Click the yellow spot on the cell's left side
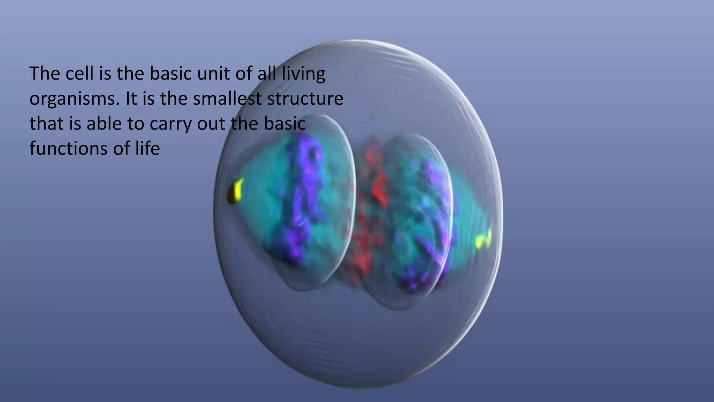coord(235,191)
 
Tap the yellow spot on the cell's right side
coord(484,240)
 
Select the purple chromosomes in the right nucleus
coord(429,223)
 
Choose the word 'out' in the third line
coord(211,124)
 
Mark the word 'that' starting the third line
coord(44,124)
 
